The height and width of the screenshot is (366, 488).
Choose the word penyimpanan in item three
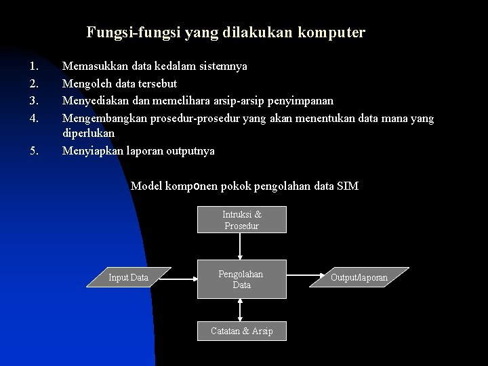pos(300,100)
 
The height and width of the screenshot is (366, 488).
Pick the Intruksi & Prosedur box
pos(242,220)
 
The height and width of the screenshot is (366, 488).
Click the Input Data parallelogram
pos(129,277)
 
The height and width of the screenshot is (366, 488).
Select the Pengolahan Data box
pos(241,279)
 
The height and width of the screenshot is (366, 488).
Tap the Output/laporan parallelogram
pos(359,277)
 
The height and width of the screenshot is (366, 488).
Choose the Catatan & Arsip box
pos(242,331)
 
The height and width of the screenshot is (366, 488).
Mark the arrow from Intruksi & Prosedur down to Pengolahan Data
pos(242,247)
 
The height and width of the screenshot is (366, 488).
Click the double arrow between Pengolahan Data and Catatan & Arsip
pos(242,309)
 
